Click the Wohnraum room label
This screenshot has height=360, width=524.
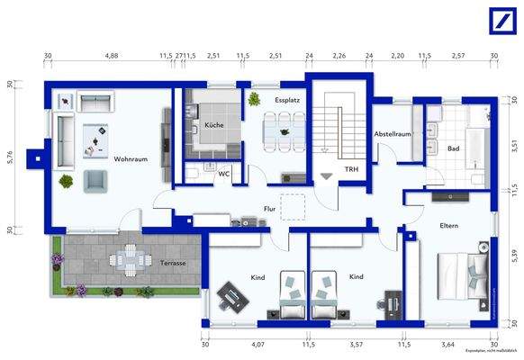(x=131, y=159)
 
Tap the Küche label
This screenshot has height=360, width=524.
(x=214, y=125)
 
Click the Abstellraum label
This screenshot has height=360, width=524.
(x=393, y=133)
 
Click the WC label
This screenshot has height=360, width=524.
(x=224, y=174)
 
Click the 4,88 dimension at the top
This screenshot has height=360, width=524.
(x=112, y=56)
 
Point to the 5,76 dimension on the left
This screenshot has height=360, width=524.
(x=10, y=157)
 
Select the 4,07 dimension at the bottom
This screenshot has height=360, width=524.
(x=257, y=344)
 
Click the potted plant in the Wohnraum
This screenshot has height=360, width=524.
(x=66, y=181)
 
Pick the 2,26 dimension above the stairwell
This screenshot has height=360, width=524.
(x=339, y=56)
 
